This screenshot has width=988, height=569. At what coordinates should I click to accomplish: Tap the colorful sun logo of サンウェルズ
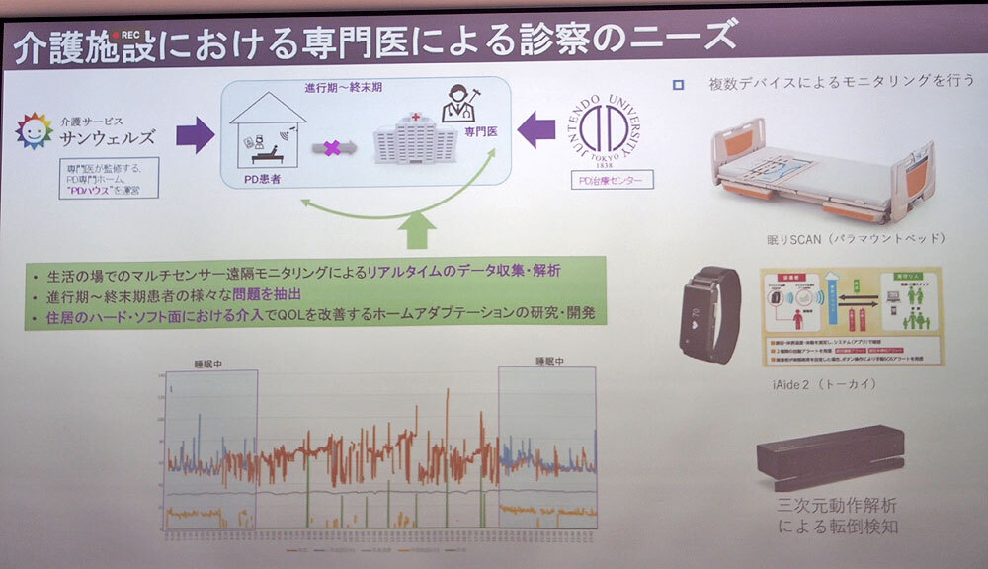34,130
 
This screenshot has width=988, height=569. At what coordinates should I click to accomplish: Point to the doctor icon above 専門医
459,105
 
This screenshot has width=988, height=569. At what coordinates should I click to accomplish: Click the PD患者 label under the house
263,179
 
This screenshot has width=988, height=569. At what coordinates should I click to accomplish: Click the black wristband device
711,313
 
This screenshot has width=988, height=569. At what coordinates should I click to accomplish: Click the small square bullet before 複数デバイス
678,85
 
